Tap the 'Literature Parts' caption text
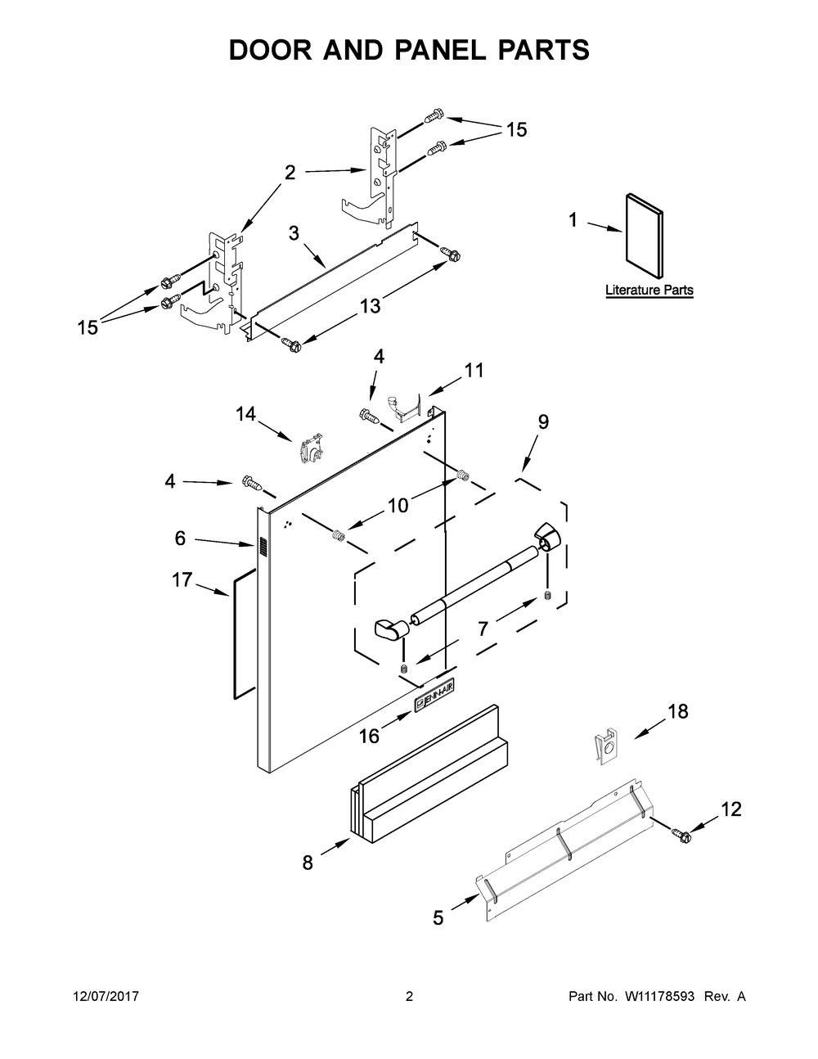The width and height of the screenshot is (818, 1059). [x=649, y=290]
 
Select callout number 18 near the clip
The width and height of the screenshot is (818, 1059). [x=678, y=712]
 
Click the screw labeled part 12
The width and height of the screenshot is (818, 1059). [x=680, y=834]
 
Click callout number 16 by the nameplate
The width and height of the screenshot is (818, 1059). [x=369, y=736]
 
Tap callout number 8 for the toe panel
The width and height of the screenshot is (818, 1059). [x=308, y=863]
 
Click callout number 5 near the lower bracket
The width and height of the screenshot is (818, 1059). [x=438, y=918]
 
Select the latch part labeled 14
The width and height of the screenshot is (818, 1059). [x=309, y=450]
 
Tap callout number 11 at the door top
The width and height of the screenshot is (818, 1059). [x=474, y=370]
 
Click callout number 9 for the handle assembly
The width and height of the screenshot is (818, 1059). [x=543, y=421]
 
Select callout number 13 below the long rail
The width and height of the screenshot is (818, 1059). [x=370, y=306]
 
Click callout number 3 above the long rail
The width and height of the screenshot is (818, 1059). [x=294, y=232]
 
